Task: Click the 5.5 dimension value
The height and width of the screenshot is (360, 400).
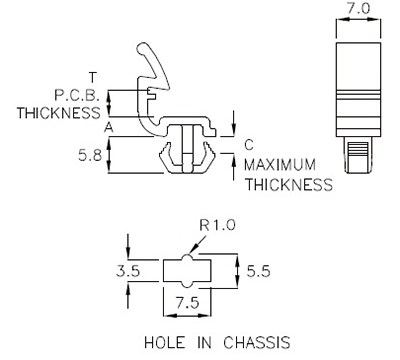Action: click(257, 269)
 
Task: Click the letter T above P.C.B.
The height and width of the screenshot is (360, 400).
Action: click(92, 77)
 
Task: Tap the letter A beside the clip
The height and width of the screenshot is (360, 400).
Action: click(107, 128)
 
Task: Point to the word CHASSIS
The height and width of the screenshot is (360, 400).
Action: click(252, 342)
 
